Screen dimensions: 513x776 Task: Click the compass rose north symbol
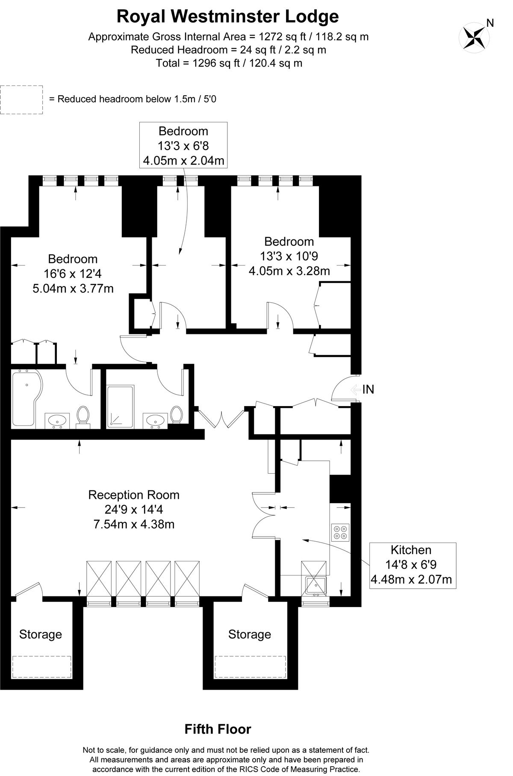tap(474, 37)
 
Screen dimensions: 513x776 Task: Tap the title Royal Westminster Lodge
tap(228, 17)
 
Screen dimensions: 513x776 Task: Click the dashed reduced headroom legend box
tap(21, 100)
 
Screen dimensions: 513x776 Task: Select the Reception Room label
tap(134, 495)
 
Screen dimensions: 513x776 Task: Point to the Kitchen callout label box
tap(413, 565)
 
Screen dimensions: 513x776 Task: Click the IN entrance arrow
tap(356, 389)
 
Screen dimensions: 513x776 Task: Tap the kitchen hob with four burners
tap(340, 531)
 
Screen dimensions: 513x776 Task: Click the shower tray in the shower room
tap(120, 407)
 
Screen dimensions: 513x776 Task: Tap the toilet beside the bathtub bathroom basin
tap(83, 416)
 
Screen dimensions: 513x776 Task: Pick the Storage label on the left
tap(41, 634)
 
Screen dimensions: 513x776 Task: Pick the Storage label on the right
tap(250, 634)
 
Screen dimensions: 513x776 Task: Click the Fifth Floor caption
tap(218, 729)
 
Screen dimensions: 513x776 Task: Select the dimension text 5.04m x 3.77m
tap(73, 289)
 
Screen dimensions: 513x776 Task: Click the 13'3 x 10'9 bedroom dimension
tap(289, 256)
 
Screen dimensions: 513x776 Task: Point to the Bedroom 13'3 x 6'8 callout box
tap(184, 145)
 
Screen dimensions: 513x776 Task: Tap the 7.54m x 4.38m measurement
tap(134, 524)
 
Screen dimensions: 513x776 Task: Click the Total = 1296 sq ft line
tap(229, 63)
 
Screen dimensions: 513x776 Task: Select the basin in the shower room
tap(155, 421)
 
